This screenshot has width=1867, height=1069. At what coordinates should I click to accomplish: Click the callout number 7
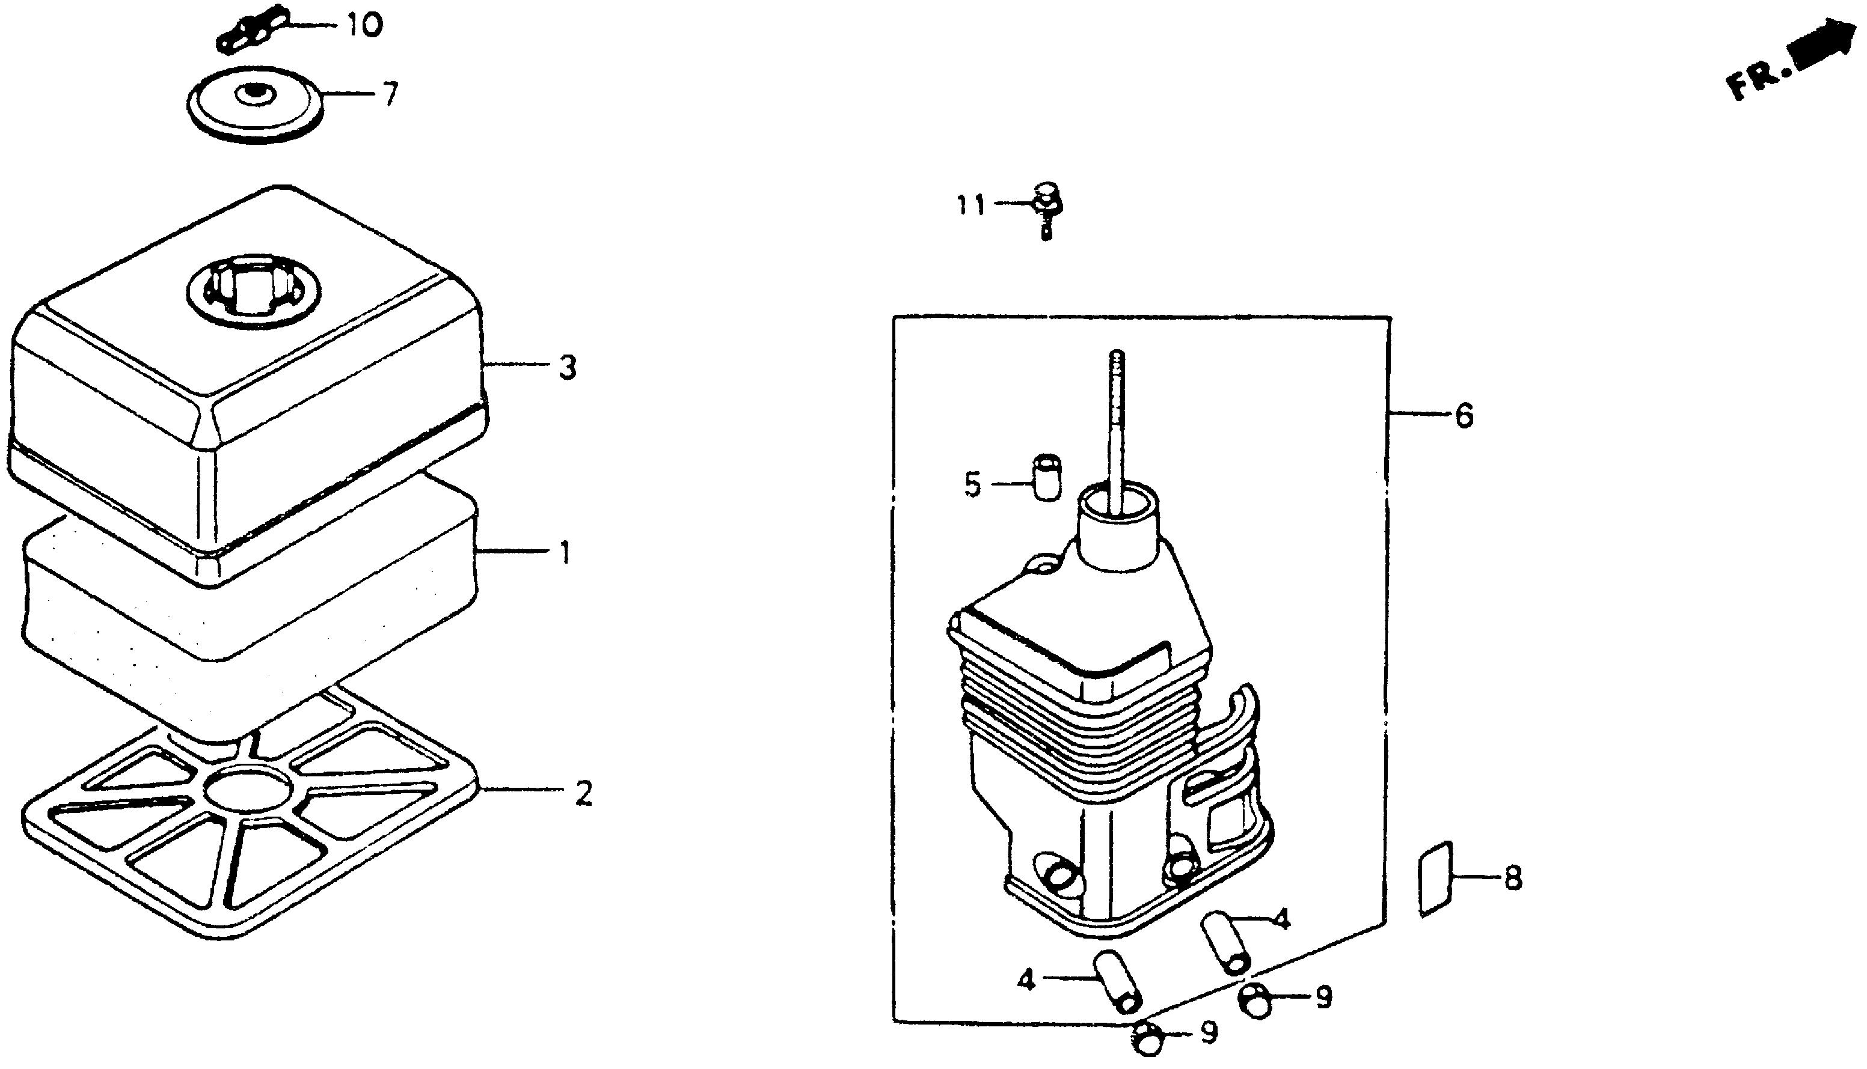coord(391,95)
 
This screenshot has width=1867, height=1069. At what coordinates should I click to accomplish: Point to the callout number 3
coord(567,368)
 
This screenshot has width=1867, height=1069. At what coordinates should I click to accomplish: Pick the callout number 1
coord(565,553)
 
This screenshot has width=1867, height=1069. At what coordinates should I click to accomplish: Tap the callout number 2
coord(583,793)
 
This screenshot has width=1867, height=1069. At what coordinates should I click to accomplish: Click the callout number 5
coord(972,486)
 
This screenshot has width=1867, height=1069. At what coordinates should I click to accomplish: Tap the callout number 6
coord(1464,416)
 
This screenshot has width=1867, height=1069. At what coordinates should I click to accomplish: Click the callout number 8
coord(1513,879)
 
